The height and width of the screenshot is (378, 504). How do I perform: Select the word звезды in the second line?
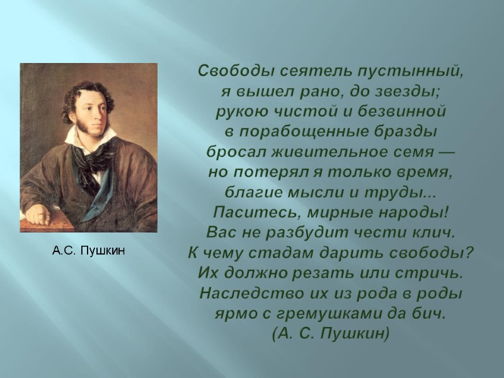click(412, 91)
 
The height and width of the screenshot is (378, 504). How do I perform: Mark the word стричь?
click(437, 273)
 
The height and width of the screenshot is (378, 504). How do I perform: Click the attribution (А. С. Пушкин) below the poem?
click(331, 333)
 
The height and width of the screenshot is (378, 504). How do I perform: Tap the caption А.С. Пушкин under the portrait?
click(89, 251)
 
